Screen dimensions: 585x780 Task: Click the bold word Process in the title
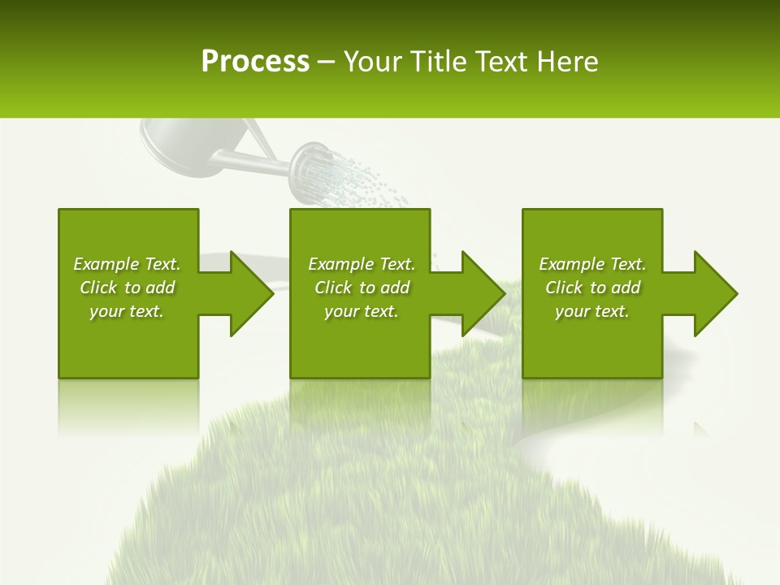[255, 62]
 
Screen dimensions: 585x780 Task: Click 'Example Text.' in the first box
[127, 264]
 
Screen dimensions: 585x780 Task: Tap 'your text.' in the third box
[592, 311]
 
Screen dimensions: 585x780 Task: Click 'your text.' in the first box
[127, 311]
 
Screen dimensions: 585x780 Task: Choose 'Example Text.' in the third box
[592, 264]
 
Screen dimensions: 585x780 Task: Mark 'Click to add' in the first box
[127, 288]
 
